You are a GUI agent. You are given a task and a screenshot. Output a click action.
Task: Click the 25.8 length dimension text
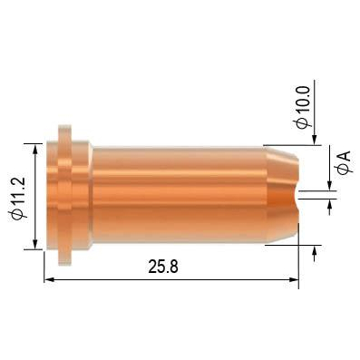coord(163,267)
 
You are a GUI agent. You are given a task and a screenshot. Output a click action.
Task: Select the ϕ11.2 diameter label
coord(17,198)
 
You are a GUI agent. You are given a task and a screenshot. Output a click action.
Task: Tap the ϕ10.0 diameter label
coord(304,108)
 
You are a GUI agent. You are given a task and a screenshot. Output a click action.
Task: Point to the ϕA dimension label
coord(344,162)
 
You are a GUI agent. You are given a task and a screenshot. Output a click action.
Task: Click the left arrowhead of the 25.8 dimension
coord(49,280)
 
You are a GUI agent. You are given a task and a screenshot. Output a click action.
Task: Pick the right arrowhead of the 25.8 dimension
coord(294,280)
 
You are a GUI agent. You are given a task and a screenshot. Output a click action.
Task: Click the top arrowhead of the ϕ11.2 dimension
coord(35,149)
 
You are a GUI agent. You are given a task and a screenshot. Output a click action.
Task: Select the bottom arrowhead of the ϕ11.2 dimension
coord(35,245)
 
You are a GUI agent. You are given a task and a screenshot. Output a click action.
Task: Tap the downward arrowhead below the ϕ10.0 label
coord(315,140)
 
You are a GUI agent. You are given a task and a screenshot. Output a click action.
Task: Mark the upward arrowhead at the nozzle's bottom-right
coord(315,251)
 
